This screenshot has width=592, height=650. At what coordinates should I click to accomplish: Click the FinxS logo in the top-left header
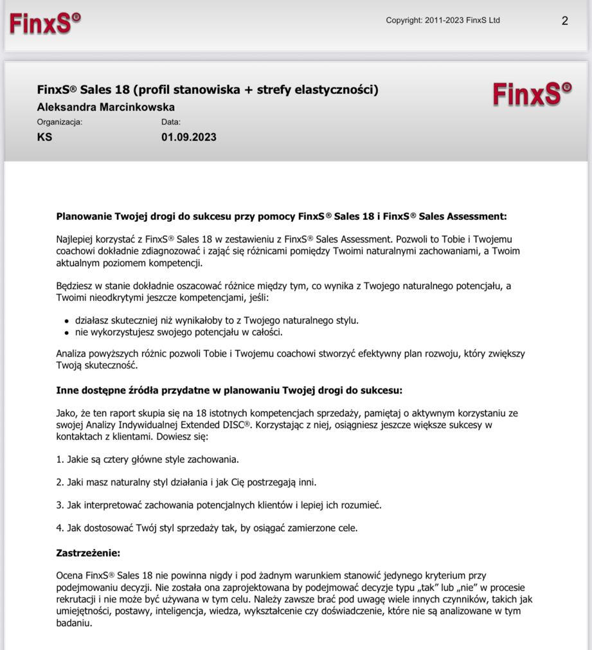(x=45, y=23)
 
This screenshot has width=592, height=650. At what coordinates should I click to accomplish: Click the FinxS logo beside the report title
(x=532, y=95)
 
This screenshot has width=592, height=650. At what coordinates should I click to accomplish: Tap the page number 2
(x=564, y=21)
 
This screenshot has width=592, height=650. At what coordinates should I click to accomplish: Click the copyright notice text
(x=442, y=21)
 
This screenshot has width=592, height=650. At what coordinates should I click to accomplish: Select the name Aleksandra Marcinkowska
(x=106, y=107)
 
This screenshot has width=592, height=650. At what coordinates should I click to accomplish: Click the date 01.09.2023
(x=188, y=137)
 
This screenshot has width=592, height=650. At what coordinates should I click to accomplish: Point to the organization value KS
(x=44, y=137)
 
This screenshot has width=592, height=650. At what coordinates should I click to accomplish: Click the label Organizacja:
(x=60, y=122)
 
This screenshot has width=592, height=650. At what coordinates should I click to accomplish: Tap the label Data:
(x=171, y=122)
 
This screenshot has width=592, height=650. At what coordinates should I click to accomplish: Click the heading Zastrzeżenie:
(x=88, y=553)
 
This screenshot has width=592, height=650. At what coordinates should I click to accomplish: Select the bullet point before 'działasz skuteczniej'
(x=67, y=321)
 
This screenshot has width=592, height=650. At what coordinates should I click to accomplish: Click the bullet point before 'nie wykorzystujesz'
(x=67, y=332)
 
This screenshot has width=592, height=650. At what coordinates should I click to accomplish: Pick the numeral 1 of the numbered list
(x=59, y=460)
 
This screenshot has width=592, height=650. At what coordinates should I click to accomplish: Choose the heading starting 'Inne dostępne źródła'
(x=229, y=390)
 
